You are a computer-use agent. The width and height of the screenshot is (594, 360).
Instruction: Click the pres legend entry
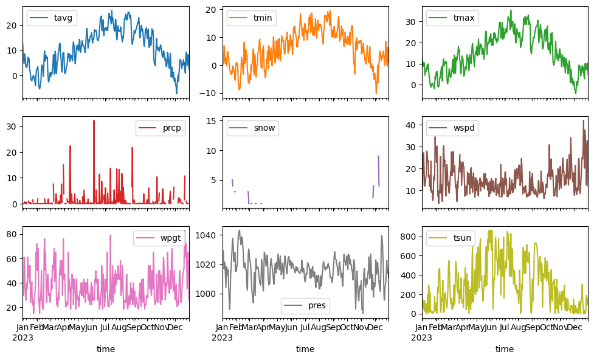313,306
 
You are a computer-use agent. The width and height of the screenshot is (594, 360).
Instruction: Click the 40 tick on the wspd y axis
414,125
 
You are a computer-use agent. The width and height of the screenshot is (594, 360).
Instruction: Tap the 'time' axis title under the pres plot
305,349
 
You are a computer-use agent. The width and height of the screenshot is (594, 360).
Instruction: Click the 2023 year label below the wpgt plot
22,337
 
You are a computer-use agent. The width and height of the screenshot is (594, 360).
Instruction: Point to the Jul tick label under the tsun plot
505,328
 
